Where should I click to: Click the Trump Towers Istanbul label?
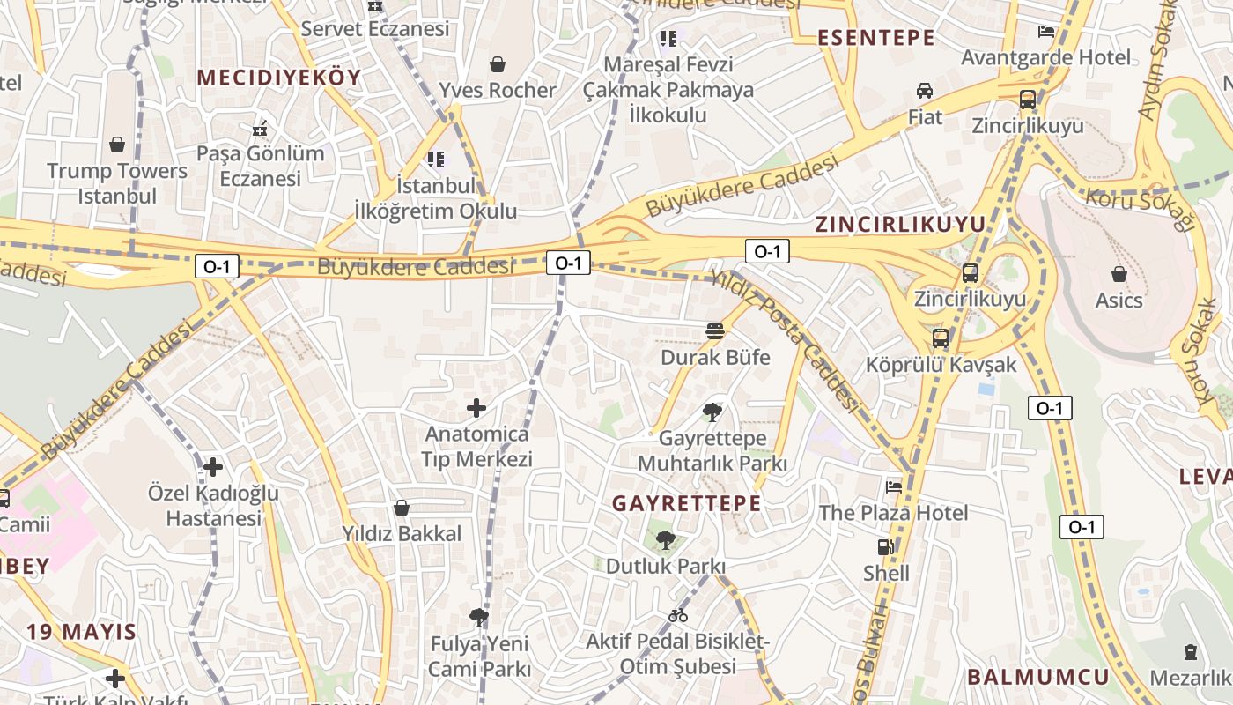[117, 183]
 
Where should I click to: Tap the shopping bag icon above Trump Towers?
[117, 144]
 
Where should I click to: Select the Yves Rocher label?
[498, 90]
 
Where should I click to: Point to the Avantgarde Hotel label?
[1045, 58]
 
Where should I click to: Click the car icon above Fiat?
[925, 90]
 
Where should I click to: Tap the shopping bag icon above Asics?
[1119, 274]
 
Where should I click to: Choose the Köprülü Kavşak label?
[941, 364]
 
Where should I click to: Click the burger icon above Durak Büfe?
[715, 331]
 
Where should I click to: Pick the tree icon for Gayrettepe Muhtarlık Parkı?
[712, 412]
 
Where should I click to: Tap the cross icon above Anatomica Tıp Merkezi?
[476, 407]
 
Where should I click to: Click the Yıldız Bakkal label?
[402, 533]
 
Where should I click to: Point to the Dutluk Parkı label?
[666, 566]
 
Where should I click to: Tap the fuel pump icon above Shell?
[886, 547]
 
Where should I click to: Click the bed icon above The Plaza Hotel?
[894, 486]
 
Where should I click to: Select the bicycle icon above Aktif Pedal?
[678, 615]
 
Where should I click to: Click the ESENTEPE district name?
[875, 38]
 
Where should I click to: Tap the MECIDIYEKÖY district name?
[278, 78]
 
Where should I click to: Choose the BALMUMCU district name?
[1037, 677]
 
